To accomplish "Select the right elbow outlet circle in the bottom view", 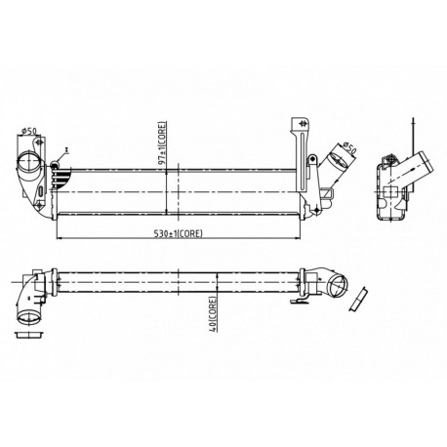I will click(338, 285).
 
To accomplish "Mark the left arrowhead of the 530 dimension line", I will click(61, 238).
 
